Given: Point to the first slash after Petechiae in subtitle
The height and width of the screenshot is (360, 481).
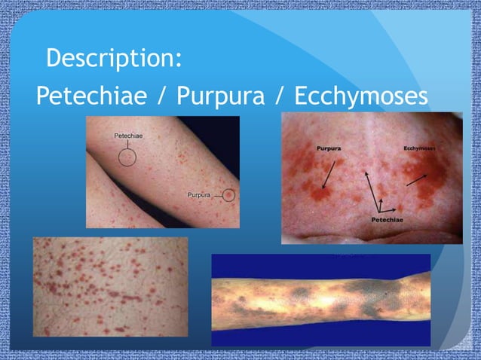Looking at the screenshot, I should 163,96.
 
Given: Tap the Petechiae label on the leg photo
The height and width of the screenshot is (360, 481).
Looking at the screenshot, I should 129,136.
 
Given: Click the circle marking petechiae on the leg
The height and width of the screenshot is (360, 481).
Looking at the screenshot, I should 128,157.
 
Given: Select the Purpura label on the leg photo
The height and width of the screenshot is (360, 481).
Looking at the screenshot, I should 201,195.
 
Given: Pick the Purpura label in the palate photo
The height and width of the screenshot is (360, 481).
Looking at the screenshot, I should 329,148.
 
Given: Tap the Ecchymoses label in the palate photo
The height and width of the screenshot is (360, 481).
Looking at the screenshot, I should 419,148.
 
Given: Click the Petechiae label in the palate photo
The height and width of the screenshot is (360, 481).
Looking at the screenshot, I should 387,219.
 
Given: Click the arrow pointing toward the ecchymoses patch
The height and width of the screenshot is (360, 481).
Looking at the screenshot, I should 415,179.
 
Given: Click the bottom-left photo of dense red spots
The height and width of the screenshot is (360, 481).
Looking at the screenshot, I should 110,286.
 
